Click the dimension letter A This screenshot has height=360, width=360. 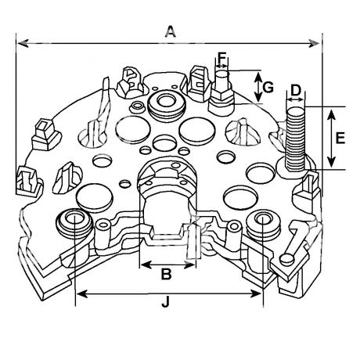tap(171, 31)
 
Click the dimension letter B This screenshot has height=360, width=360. tap(166, 274)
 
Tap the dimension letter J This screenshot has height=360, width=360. tap(165, 302)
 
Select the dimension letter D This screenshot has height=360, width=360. tap(296, 90)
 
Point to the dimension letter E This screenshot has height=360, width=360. tap(340, 138)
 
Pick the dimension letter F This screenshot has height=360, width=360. tap(221, 58)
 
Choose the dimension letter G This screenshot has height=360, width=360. tap(268, 87)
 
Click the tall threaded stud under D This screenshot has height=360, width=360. tap(296, 139)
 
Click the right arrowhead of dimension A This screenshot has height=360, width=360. tap(314, 44)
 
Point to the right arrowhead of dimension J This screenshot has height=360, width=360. tap(256, 294)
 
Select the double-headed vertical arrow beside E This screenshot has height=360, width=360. tap(331, 139)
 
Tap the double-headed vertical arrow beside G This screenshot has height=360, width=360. tap(258, 87)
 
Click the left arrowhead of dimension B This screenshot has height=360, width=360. tap(146, 265)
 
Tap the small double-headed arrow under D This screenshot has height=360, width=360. tap(296, 100)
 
